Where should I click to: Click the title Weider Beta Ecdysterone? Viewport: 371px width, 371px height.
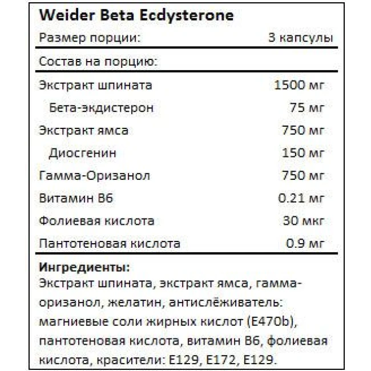(x=136, y=15)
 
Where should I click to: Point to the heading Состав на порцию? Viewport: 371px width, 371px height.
(x=98, y=62)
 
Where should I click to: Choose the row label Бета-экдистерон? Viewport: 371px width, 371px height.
(x=102, y=108)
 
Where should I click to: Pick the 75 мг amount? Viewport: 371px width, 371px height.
(x=307, y=108)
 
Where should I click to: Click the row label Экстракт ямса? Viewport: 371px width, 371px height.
(x=83, y=131)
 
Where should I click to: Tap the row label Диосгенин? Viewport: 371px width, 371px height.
(x=83, y=154)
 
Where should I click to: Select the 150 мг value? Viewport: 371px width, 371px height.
(x=304, y=154)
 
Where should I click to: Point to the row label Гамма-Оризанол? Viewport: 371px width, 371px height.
(x=95, y=176)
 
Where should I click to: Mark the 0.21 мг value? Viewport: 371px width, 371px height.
(x=301, y=199)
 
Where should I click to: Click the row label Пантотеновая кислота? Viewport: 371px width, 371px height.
(x=110, y=244)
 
